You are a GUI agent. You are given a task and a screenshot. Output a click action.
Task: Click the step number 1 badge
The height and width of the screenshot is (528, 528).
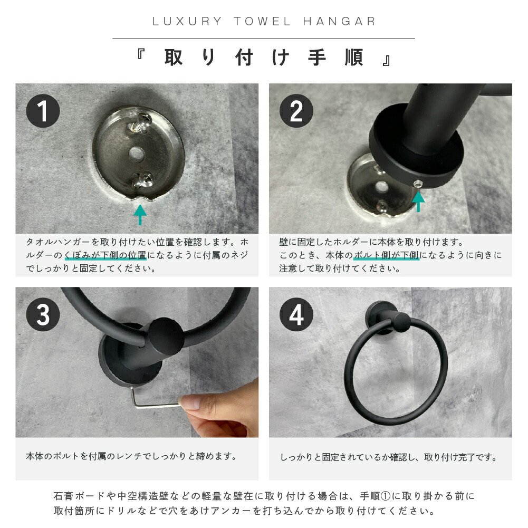pyautogui.click(x=43, y=111)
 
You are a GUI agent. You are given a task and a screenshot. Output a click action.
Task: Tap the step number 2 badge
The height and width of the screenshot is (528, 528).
pyautogui.click(x=296, y=111)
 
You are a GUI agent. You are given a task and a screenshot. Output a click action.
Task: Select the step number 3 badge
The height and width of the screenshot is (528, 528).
pyautogui.click(x=43, y=314)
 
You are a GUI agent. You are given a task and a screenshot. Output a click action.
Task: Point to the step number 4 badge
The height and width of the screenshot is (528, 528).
pyautogui.click(x=296, y=314)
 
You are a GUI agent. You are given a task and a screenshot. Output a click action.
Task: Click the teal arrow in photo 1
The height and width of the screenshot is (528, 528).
pyautogui.click(x=140, y=215)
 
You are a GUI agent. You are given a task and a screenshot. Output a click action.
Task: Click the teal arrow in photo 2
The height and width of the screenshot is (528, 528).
pyautogui.click(x=418, y=201)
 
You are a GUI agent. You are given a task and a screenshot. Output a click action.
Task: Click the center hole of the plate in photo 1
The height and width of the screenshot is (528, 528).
pyautogui.click(x=137, y=153)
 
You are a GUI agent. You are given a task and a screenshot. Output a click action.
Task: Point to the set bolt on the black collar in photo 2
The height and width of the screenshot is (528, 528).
pyautogui.click(x=417, y=184)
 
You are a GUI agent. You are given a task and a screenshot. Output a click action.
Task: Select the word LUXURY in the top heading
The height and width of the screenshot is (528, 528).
pyautogui.click(x=187, y=22)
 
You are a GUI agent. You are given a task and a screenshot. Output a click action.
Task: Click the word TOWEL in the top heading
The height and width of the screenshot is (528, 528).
pyautogui.click(x=262, y=22)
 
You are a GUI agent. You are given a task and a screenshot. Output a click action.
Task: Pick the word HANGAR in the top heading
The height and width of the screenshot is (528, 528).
pyautogui.click(x=340, y=22)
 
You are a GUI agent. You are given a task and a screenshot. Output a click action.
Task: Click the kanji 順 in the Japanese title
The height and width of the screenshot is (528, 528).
pyautogui.click(x=353, y=57)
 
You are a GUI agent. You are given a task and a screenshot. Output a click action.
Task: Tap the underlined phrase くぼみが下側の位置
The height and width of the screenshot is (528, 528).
pyautogui.click(x=105, y=255)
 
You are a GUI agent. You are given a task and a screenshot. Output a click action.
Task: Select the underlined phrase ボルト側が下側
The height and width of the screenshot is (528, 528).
pyautogui.click(x=386, y=255)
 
